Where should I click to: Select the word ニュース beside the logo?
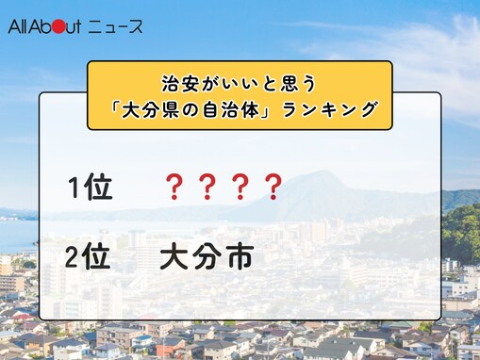[116, 26]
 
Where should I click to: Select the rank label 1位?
[91, 188]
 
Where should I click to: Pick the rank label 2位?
[91, 257]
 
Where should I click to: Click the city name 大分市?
[207, 257]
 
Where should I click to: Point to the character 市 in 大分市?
[240, 257]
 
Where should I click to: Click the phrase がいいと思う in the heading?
[248, 83]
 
